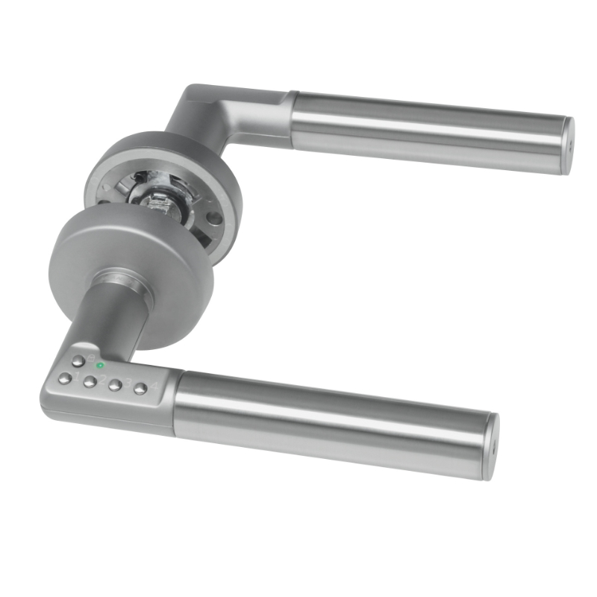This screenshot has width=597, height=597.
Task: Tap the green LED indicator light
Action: [x=101, y=366]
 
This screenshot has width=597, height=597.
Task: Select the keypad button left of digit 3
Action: [x=114, y=385]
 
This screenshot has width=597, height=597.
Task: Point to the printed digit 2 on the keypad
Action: [x=103, y=379]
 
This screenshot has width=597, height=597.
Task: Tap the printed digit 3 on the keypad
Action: [x=128, y=383]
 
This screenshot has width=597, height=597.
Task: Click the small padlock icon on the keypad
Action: [x=91, y=359]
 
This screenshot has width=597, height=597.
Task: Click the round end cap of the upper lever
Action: [x=567, y=146]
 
